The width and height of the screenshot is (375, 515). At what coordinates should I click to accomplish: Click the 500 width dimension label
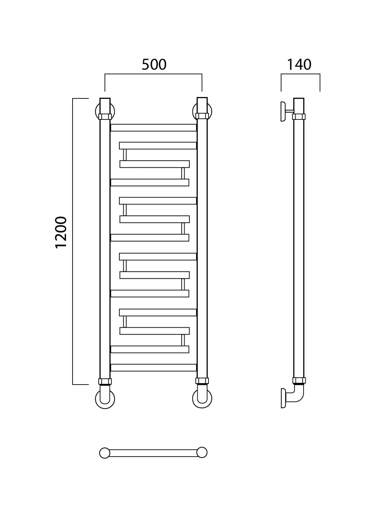(154, 65)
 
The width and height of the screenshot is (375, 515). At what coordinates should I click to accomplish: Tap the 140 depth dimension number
(299, 65)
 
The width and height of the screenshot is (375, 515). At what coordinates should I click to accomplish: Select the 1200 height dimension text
(61, 232)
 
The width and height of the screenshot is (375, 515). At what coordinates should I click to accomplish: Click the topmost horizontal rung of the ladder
(153, 127)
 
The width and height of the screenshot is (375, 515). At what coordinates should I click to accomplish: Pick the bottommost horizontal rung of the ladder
(153, 368)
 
